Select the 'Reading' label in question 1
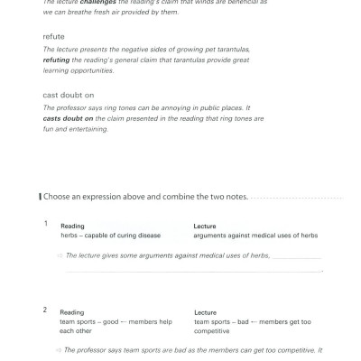(72, 226)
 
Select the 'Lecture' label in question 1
(205, 226)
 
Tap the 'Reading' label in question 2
(72, 312)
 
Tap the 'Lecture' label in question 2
(205, 312)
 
